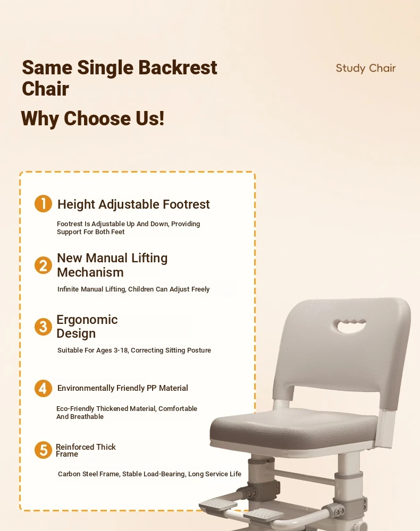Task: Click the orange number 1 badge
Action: click(44, 203)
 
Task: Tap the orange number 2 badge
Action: click(44, 265)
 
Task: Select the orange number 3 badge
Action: click(44, 327)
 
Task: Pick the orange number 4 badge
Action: click(44, 388)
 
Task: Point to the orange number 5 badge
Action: click(44, 450)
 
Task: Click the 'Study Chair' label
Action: click(365, 68)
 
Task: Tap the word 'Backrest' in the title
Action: click(178, 67)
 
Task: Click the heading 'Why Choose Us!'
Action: click(93, 118)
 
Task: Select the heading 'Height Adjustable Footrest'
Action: click(133, 204)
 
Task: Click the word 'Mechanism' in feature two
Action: click(90, 272)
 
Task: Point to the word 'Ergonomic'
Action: click(87, 319)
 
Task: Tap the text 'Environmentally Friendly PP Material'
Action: click(122, 388)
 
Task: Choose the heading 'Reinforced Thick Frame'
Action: click(86, 450)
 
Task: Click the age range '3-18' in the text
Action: click(121, 350)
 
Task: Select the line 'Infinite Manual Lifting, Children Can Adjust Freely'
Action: click(133, 289)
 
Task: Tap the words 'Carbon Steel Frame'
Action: click(88, 474)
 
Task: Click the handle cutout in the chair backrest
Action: click(351, 326)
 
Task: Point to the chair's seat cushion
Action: click(293, 429)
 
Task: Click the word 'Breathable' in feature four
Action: click(87, 416)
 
